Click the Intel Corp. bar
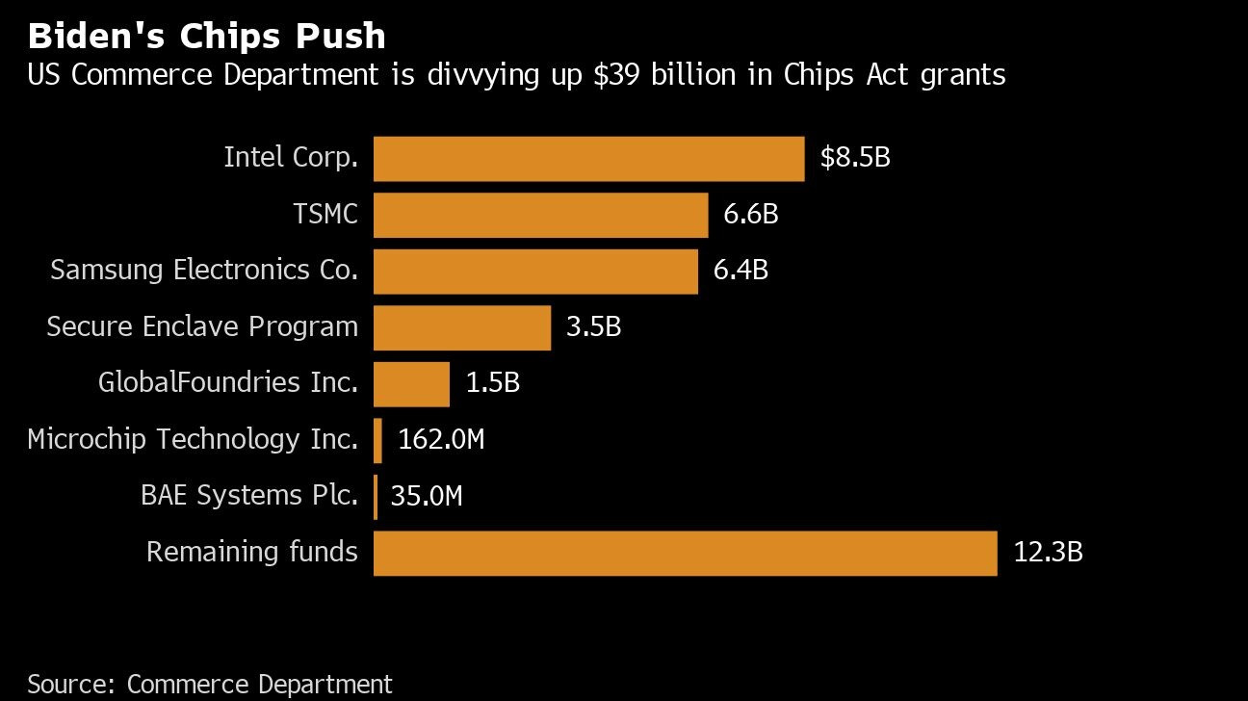588,159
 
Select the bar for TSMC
540,215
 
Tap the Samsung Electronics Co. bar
535,272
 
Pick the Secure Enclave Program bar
461,328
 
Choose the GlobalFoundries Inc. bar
411,384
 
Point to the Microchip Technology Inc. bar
377,441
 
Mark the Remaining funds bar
685,554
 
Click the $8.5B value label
855,158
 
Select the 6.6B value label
750,214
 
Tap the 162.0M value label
441,440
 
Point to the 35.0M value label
427,496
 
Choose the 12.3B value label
1048,553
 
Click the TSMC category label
325,214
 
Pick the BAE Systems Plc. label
249,496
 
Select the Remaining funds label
252,553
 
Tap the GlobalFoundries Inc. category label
228,383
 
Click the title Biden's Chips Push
207,37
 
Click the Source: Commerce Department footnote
210,684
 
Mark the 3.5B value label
593,327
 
